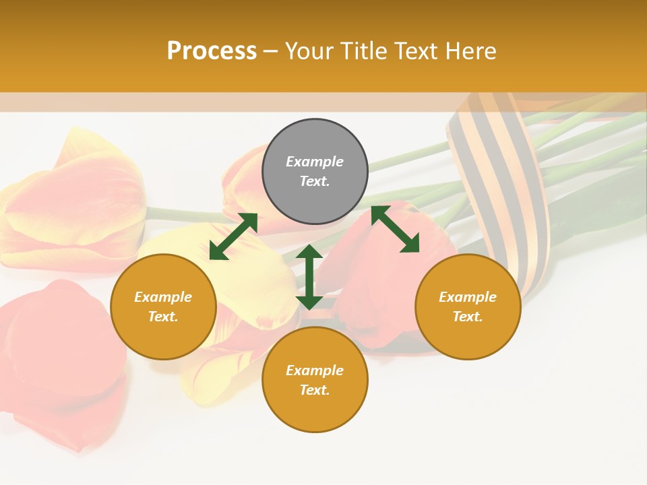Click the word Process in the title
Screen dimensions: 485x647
pos(212,51)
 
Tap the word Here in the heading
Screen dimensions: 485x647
pos(470,51)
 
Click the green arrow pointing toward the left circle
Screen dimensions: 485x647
pos(233,236)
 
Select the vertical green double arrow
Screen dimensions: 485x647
pos(309,277)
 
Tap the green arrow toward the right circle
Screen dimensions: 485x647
pos(395,229)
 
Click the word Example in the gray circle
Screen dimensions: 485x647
pos(315,162)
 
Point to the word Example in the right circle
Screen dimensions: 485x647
pos(468,297)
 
